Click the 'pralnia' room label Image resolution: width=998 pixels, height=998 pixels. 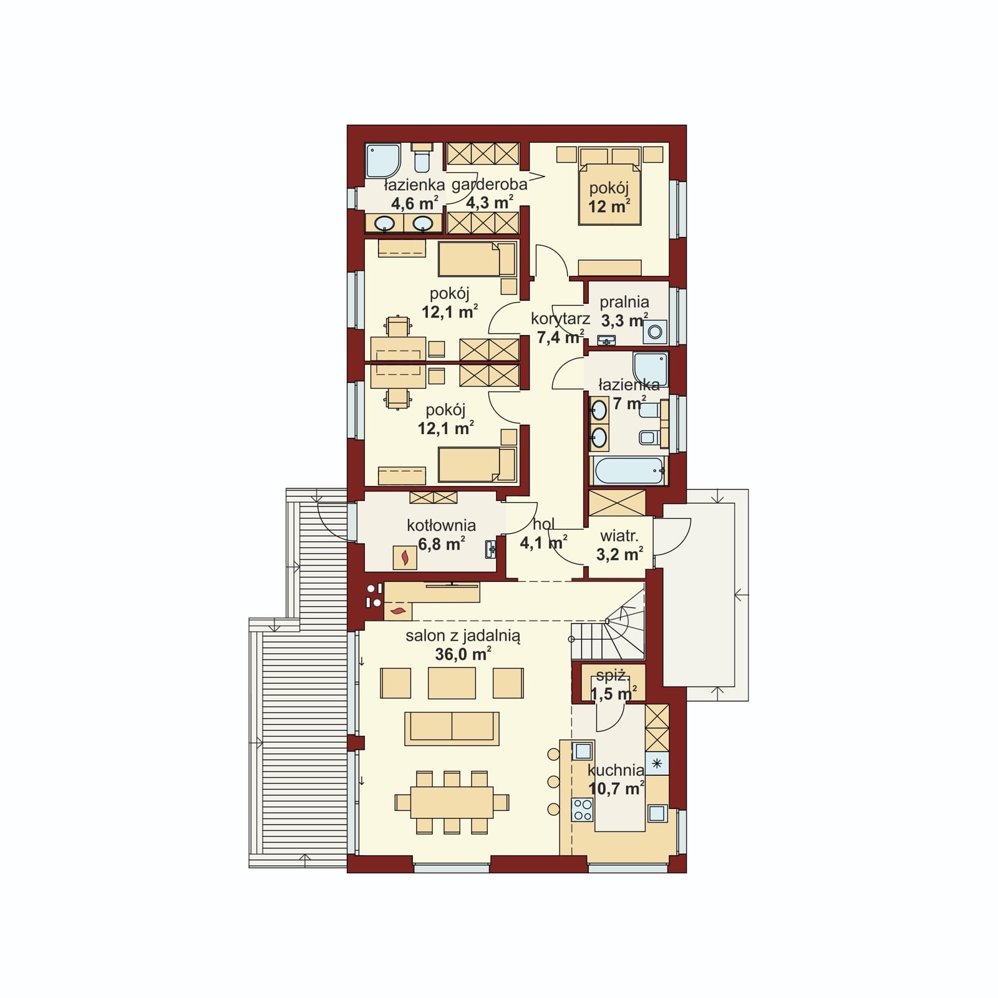click(624, 303)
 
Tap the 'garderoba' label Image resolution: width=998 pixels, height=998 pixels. click(489, 184)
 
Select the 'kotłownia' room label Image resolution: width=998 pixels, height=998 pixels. click(441, 525)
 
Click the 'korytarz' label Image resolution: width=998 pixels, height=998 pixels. click(560, 319)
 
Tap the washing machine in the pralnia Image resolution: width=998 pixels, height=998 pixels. click(655, 332)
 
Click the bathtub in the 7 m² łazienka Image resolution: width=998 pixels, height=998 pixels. click(629, 471)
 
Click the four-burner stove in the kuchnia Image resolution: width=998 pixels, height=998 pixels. click(583, 810)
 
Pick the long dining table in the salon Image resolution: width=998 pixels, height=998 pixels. click(452, 803)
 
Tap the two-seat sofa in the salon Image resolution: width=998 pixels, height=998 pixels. click(452, 729)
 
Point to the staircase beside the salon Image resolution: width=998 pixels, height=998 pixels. click(608, 624)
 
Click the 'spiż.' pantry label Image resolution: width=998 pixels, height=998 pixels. click(611, 676)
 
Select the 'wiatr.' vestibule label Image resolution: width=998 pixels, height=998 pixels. click(619, 536)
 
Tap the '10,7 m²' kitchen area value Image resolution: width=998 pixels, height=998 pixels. click(616, 788)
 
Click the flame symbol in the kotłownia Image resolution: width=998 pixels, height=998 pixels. click(405, 557)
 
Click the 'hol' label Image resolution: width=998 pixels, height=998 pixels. click(543, 524)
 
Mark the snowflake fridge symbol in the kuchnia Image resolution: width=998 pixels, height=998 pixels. click(657, 763)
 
